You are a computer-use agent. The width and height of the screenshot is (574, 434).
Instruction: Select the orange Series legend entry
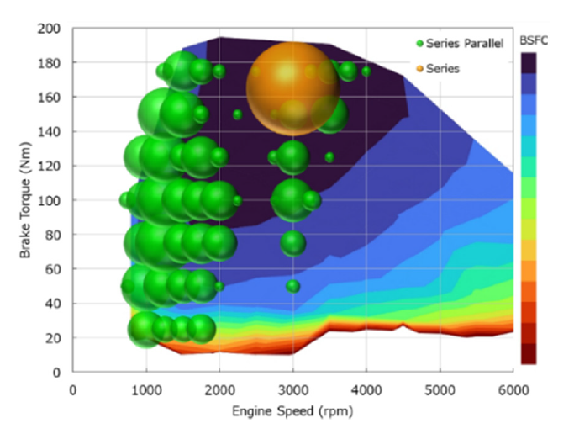[x=442, y=68]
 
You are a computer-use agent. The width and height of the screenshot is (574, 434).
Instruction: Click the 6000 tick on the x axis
[x=513, y=390]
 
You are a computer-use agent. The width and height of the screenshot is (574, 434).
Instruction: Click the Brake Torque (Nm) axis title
[x=25, y=200]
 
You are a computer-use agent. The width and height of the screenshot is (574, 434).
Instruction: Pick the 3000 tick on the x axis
[x=292, y=390]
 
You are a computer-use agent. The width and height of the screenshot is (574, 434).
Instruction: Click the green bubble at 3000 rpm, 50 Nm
[x=292, y=286]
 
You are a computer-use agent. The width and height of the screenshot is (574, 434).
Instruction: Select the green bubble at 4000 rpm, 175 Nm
[x=366, y=71]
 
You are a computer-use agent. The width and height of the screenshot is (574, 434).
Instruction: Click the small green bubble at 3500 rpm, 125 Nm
[x=329, y=157]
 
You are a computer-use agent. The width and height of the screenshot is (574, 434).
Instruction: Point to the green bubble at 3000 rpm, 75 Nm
[x=292, y=243]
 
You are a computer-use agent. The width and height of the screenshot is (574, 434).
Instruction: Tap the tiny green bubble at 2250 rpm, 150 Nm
[x=238, y=114]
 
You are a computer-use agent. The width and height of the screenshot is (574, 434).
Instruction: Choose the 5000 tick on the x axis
[x=440, y=390]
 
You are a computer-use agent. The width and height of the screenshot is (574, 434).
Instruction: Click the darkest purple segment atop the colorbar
[x=529, y=62]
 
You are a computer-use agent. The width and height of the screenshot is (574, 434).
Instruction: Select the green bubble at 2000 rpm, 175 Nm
[x=219, y=71]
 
